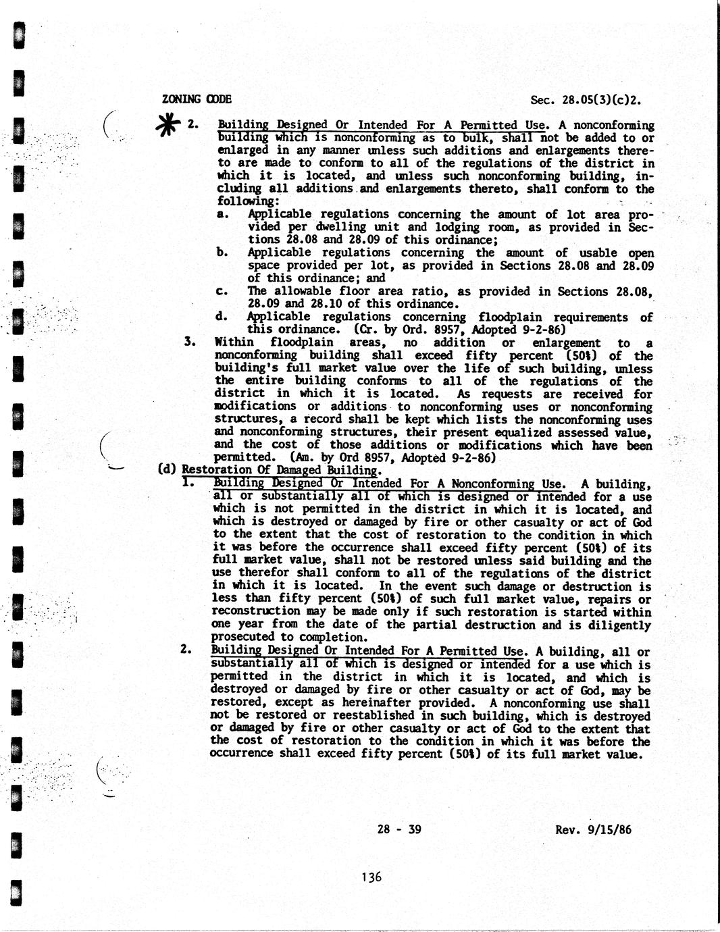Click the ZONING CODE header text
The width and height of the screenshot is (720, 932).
197,99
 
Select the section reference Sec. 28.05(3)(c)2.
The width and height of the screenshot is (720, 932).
585,101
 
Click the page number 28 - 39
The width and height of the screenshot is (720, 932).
400,829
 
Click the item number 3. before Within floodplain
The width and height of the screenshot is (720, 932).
190,342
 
